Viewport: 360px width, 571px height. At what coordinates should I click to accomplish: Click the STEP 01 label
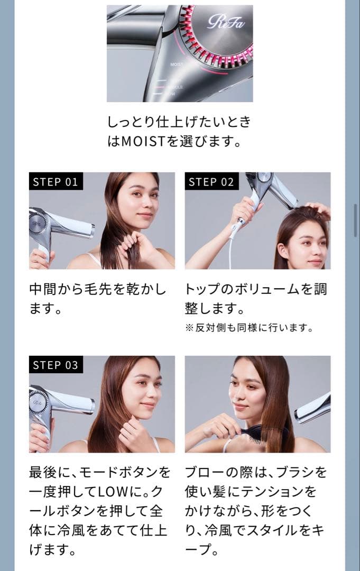point(56,181)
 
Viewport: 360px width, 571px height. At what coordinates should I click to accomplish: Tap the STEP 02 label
point(211,181)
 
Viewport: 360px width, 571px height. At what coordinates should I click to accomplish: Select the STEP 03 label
point(56,365)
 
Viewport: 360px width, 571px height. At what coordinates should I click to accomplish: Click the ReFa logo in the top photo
point(226,22)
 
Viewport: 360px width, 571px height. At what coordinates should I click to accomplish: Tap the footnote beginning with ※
point(250,328)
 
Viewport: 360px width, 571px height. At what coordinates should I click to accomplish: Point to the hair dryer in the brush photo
point(313,408)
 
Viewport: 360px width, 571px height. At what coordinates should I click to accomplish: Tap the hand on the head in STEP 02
point(320,209)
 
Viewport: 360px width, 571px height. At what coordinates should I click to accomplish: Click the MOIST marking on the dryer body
point(177,65)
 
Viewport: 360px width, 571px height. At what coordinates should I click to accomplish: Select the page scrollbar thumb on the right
point(356,220)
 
